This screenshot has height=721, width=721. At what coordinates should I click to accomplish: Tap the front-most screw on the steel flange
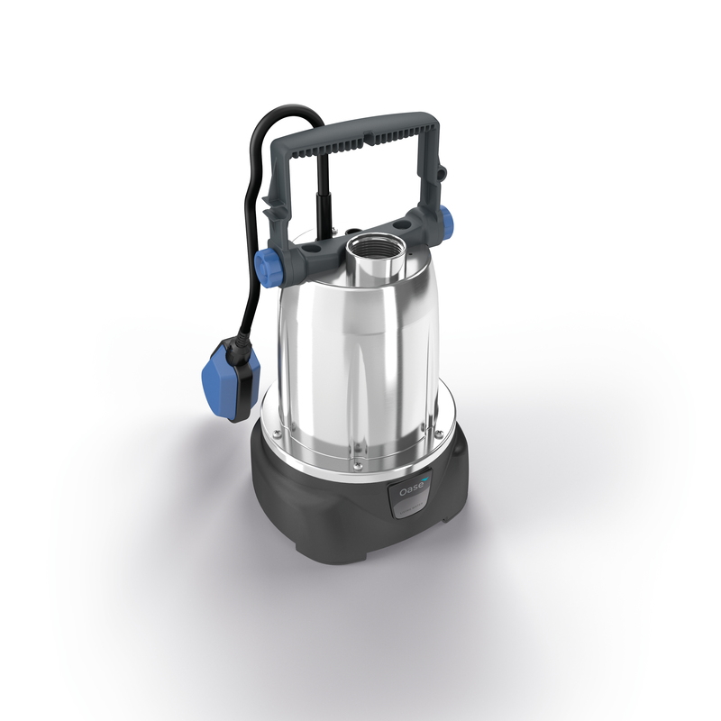[x=359, y=465]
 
